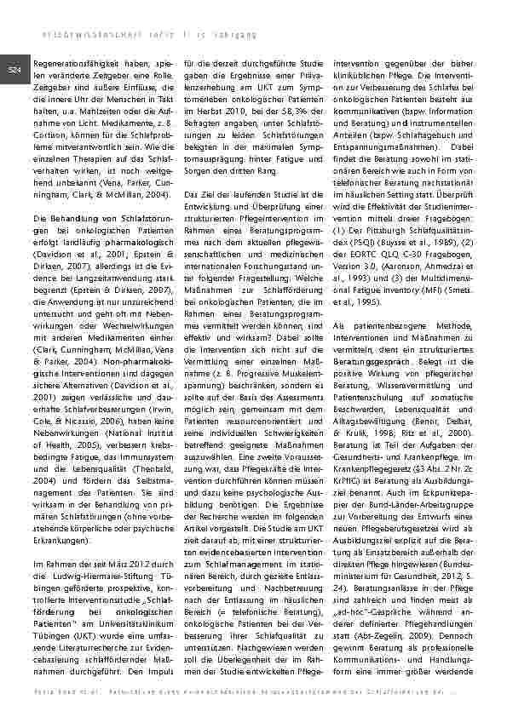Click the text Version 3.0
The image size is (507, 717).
354,264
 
